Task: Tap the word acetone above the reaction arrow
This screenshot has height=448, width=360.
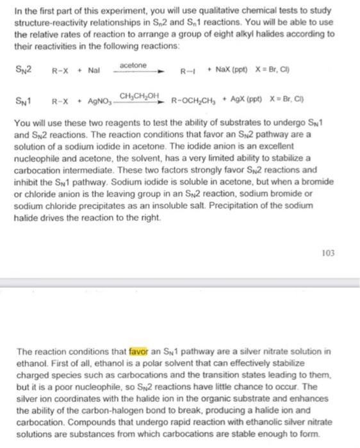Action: pyautogui.click(x=133, y=65)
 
